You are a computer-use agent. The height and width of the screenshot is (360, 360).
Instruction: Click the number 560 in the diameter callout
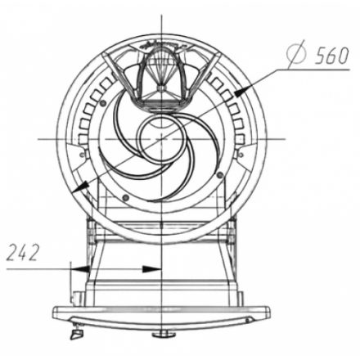click(x=331, y=56)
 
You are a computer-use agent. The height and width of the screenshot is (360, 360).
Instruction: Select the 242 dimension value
click(x=23, y=253)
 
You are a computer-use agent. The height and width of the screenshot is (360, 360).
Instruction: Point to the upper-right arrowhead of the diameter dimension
click(x=244, y=91)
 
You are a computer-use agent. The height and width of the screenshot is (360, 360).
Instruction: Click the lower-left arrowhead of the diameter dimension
click(x=81, y=187)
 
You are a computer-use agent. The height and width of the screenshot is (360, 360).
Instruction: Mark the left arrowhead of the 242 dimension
click(x=80, y=269)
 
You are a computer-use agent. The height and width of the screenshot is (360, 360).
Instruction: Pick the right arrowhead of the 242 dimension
click(x=151, y=269)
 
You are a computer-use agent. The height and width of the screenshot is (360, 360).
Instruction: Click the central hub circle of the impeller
click(x=161, y=139)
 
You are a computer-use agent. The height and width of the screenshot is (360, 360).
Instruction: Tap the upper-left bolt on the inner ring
click(x=102, y=103)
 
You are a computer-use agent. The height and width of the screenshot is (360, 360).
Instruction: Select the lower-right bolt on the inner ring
click(x=220, y=174)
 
